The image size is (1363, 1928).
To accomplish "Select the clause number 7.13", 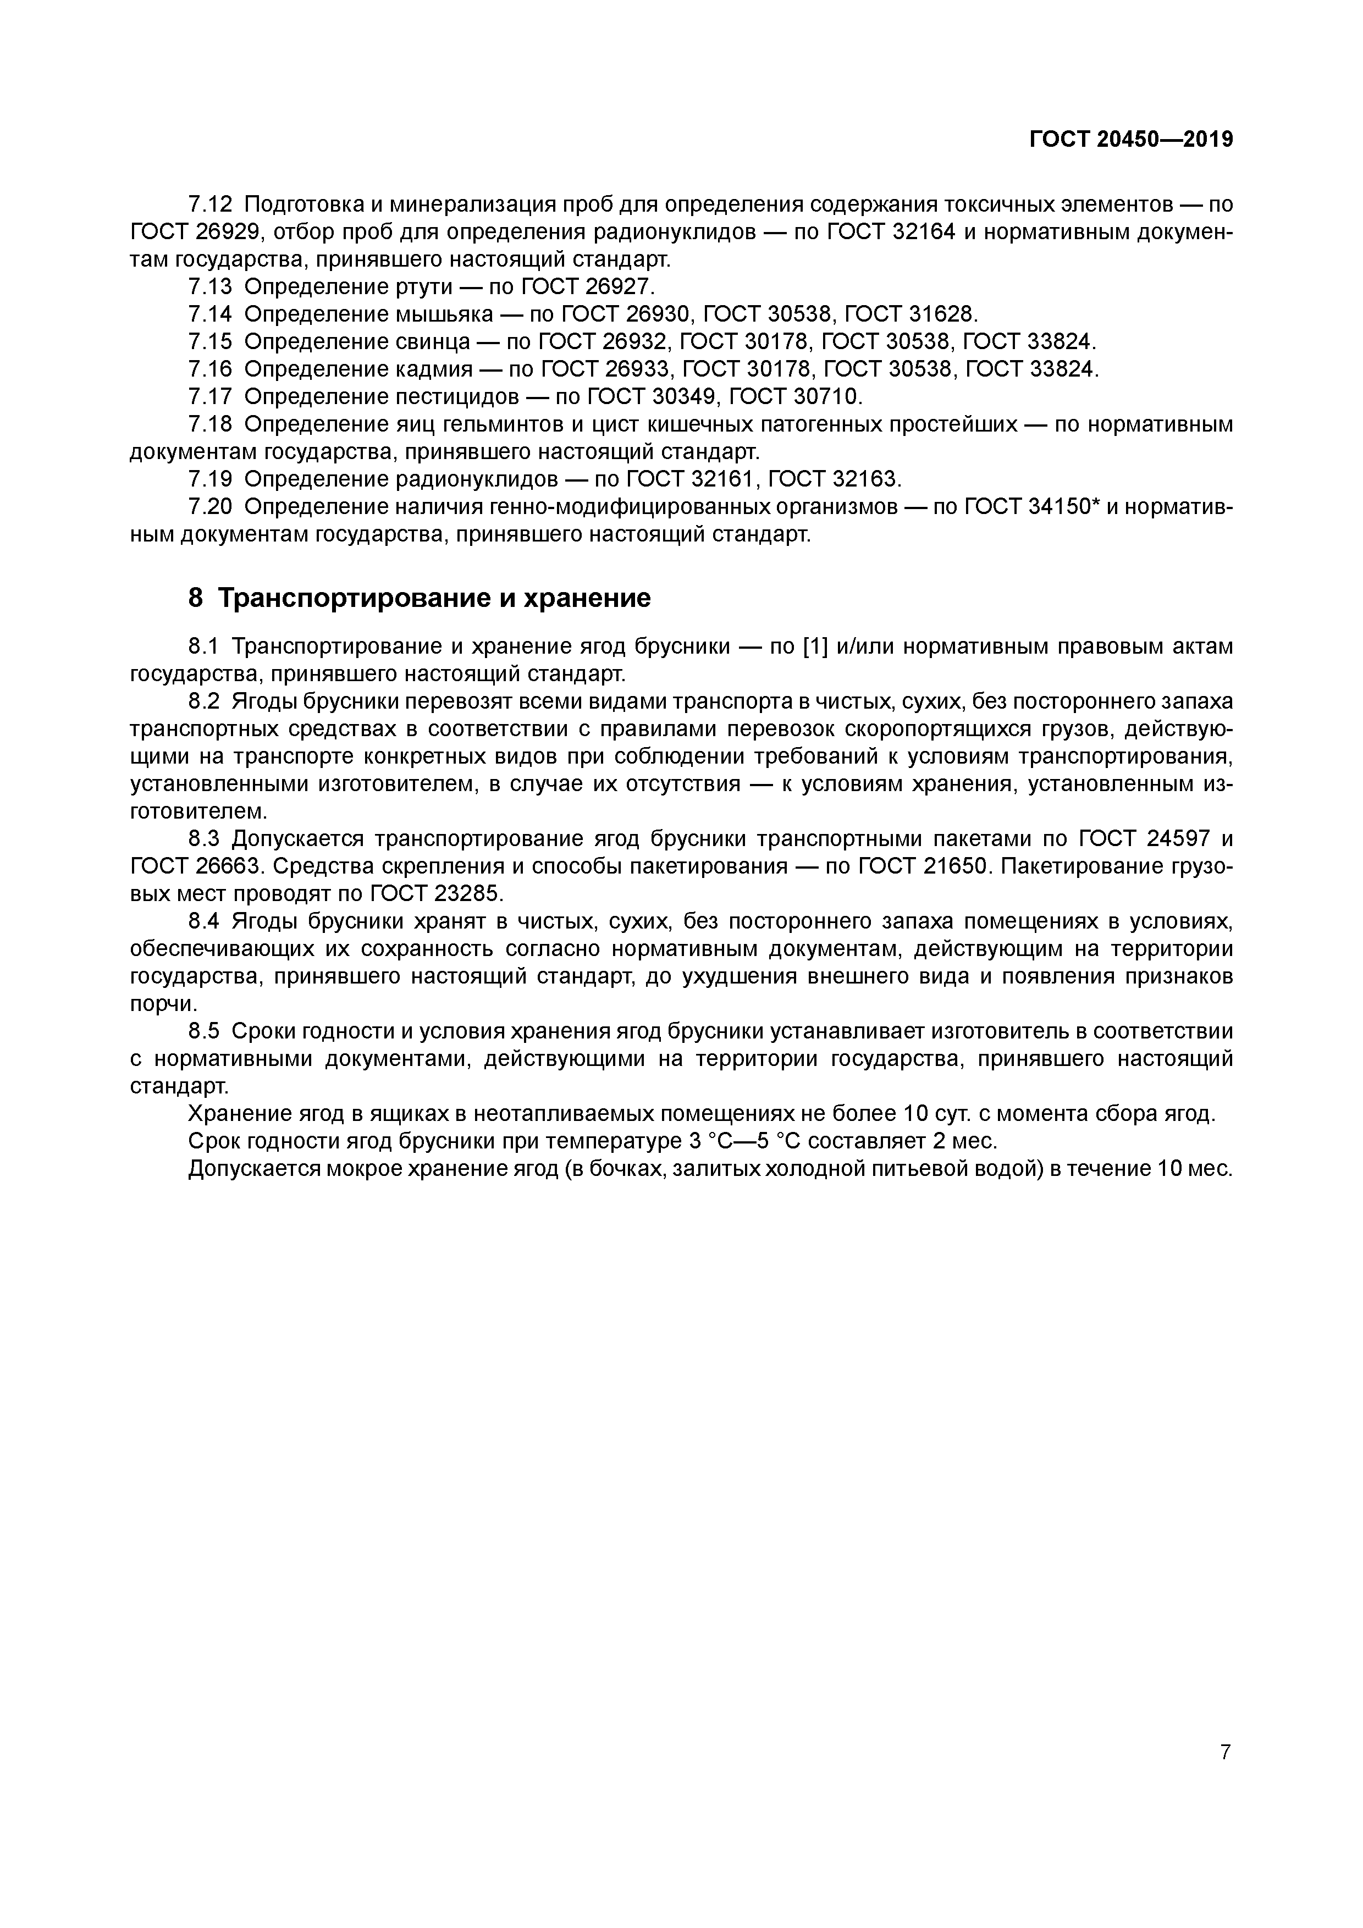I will pyautogui.click(x=210, y=287).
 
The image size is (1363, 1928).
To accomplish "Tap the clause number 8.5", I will pyautogui.click(x=204, y=1031).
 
